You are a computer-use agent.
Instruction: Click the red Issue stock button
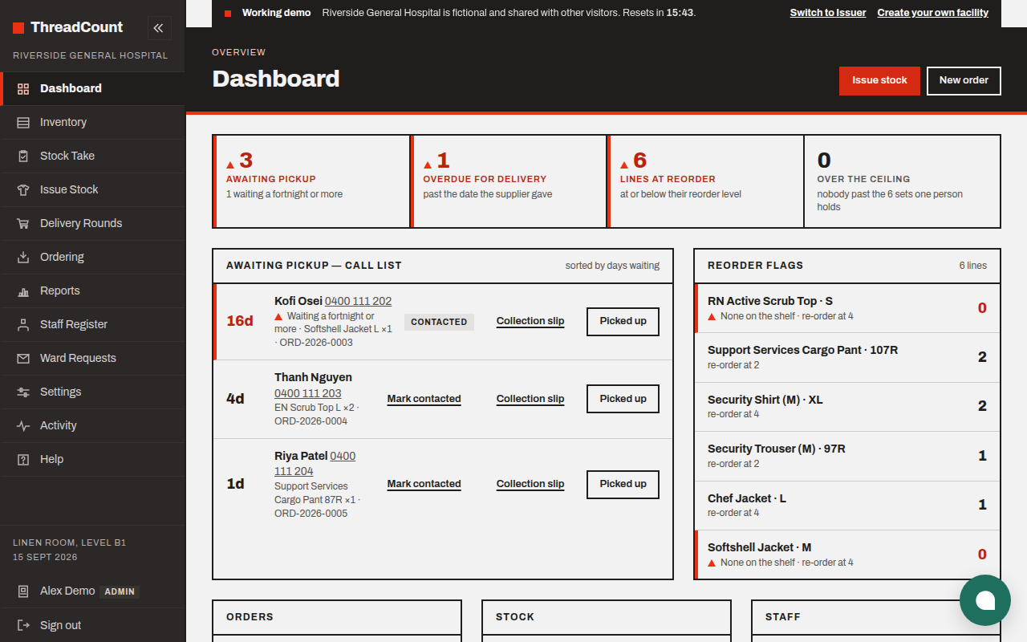(x=879, y=81)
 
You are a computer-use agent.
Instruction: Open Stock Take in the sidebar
(x=67, y=156)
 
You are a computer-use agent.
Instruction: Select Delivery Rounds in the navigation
(x=81, y=223)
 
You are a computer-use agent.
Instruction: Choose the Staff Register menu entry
(x=73, y=324)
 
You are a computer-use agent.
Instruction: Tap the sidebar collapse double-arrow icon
(x=159, y=28)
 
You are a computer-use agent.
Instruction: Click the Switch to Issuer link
(x=827, y=13)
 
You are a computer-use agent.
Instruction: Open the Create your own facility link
(x=932, y=13)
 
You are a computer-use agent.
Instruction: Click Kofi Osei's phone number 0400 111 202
(x=358, y=301)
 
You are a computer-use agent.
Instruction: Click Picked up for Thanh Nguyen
(x=623, y=399)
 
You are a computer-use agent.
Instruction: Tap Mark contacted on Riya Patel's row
(x=424, y=484)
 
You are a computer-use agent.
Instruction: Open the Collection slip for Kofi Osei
(x=530, y=321)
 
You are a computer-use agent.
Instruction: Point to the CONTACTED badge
(x=439, y=322)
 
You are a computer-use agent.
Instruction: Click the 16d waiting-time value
(x=240, y=320)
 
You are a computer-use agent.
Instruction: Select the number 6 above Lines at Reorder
(x=639, y=160)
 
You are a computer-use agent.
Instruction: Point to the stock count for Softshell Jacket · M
(x=981, y=554)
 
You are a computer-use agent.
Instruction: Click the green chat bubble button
(x=984, y=600)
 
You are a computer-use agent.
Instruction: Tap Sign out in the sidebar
(x=60, y=625)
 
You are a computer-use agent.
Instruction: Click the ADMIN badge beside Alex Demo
(x=120, y=591)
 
